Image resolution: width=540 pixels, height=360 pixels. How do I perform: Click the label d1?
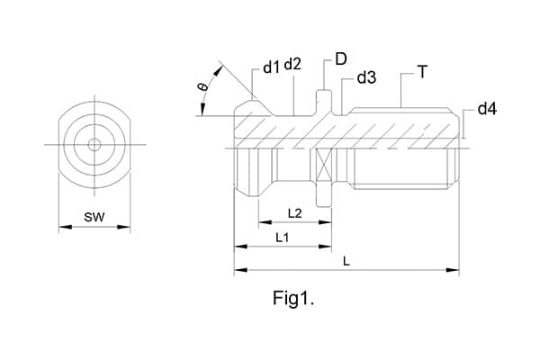(271, 68)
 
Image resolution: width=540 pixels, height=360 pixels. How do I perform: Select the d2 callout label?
(292, 66)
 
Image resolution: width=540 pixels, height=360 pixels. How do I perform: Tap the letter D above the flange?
(341, 59)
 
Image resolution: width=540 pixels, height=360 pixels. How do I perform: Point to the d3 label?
(366, 77)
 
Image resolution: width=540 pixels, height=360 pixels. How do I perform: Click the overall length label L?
(346, 261)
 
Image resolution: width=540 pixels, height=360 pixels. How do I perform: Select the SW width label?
(94, 217)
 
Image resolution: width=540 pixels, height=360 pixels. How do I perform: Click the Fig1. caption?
(294, 298)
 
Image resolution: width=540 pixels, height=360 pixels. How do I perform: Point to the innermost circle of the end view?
(94, 145)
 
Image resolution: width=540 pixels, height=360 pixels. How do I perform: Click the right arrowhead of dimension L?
(455, 268)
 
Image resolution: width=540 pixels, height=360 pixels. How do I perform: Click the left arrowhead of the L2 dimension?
(262, 221)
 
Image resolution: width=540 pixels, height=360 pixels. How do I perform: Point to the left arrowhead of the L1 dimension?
(238, 246)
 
